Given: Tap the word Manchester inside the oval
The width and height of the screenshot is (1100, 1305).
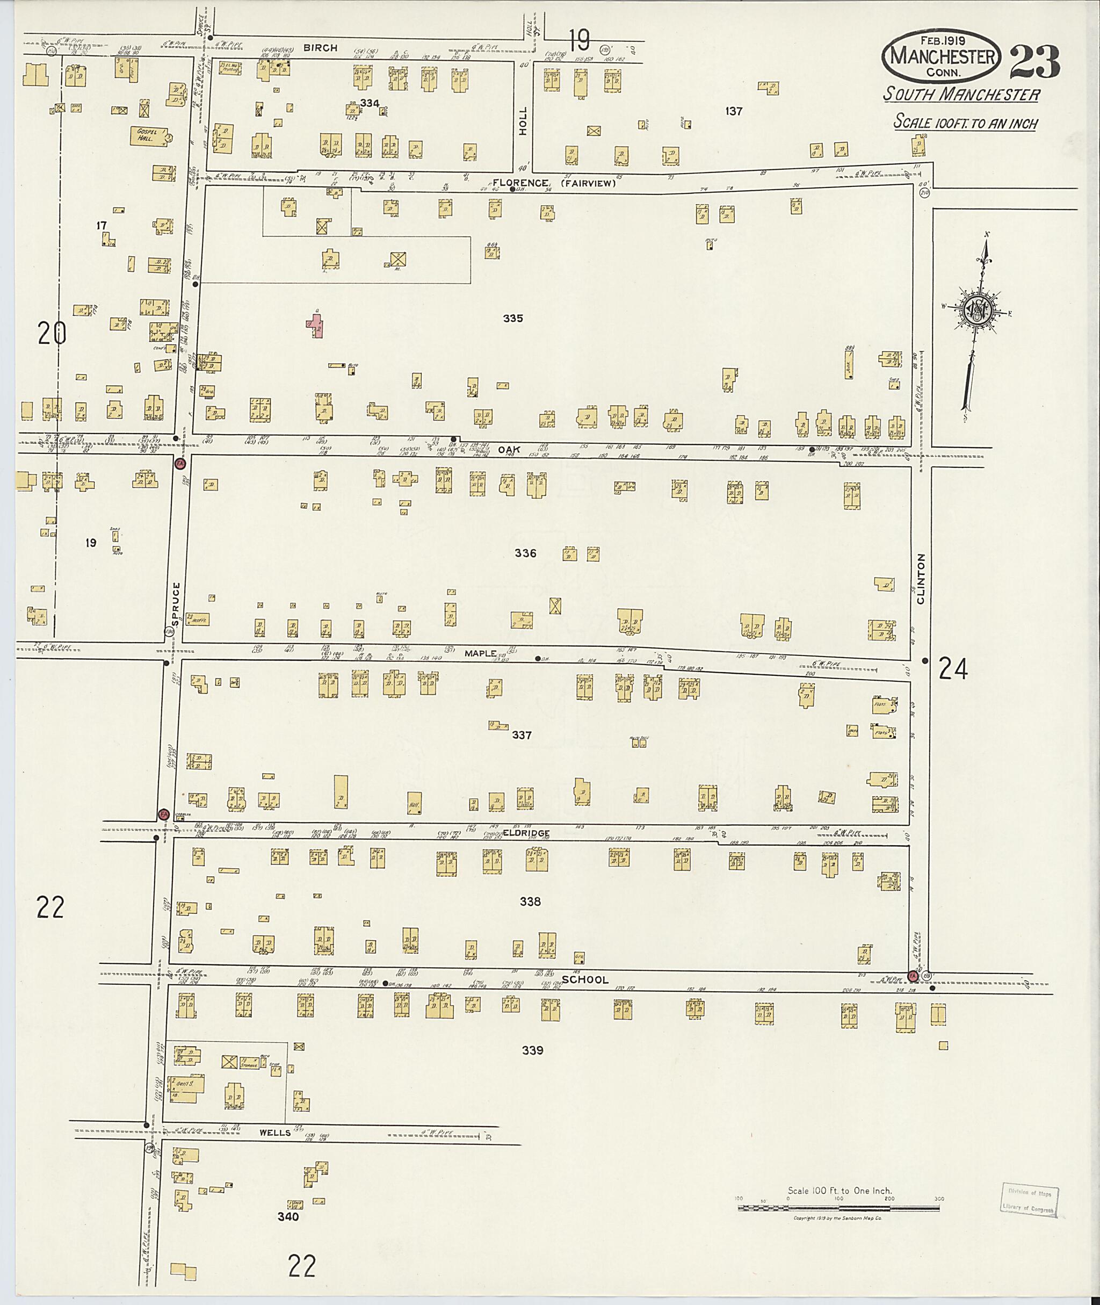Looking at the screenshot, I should pyautogui.click(x=942, y=57).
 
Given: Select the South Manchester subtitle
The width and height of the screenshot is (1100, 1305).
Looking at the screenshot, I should pyautogui.click(x=961, y=95).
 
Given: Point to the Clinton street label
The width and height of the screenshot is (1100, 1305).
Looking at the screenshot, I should pyautogui.click(x=921, y=578).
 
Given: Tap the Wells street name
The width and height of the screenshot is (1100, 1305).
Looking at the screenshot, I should pyautogui.click(x=275, y=1132).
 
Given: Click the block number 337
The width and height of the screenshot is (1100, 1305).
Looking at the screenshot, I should pyautogui.click(x=522, y=736).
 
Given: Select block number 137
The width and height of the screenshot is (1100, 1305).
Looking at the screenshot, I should pyautogui.click(x=734, y=112).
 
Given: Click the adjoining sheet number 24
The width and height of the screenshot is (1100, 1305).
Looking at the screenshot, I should pyautogui.click(x=953, y=669).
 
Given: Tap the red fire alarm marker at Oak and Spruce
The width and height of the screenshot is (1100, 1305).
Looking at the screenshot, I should pyautogui.click(x=179, y=464).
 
